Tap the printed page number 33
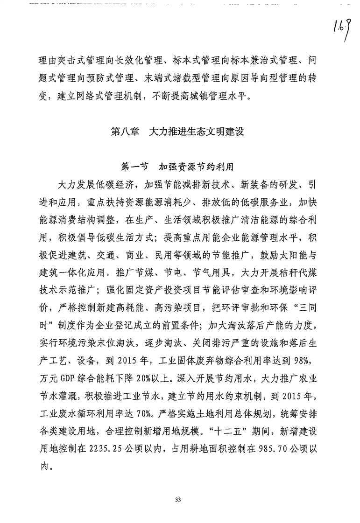point(178,500)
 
